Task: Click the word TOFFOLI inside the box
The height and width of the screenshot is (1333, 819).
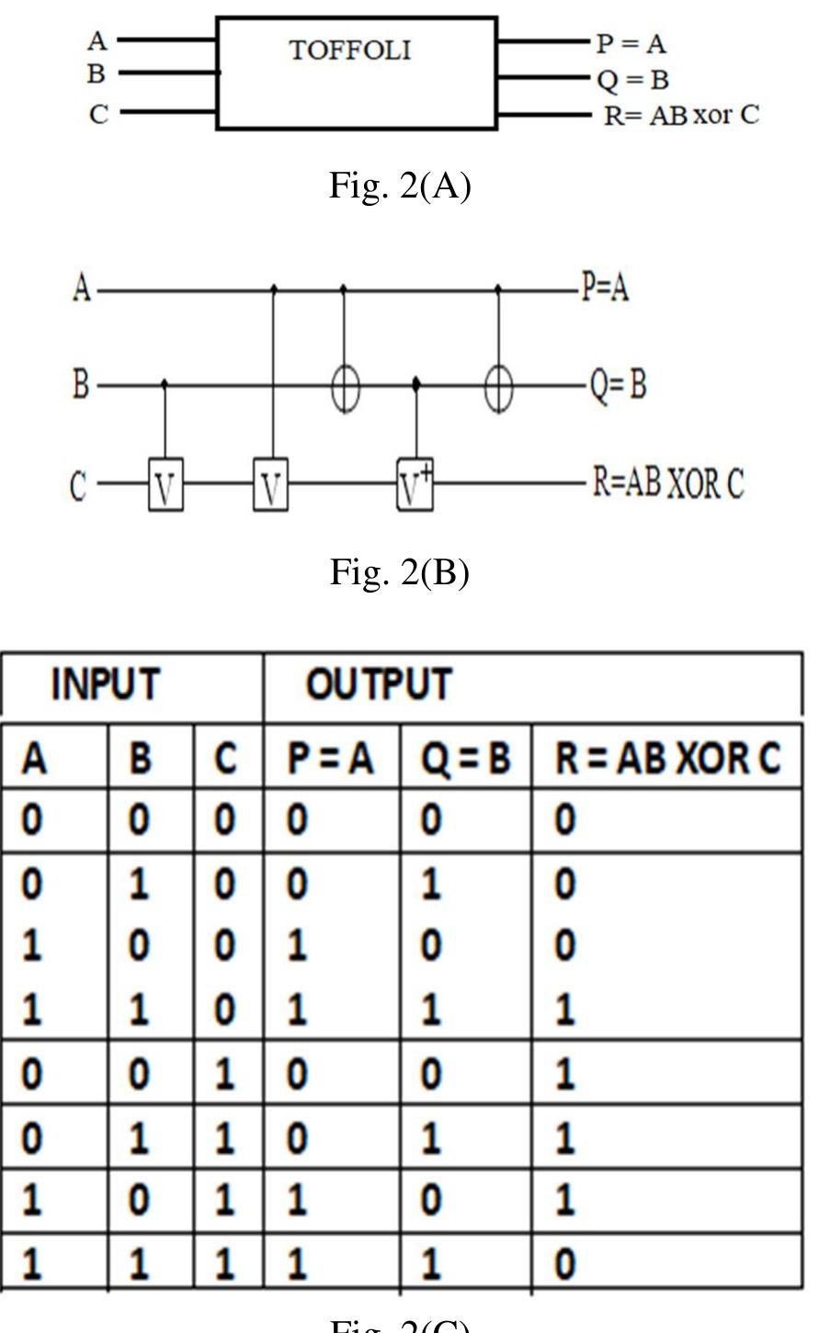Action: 350,50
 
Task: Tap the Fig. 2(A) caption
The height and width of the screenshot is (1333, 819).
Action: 400,186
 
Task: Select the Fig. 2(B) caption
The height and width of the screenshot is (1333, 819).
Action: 400,572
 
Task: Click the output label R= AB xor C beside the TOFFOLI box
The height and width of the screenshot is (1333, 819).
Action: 681,116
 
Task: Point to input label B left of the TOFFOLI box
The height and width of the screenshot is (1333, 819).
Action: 97,73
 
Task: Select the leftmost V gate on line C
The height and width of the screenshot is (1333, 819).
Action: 165,486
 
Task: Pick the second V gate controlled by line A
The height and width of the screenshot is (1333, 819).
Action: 270,486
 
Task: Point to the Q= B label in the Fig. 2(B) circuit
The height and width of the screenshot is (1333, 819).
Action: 618,385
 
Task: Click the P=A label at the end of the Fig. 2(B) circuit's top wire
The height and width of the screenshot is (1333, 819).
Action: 606,289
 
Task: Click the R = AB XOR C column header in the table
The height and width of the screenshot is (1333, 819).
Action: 667,759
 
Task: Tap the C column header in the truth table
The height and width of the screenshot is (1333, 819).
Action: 226,759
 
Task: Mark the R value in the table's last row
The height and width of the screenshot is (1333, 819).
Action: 566,1264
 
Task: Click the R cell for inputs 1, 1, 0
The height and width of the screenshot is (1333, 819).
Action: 566,1010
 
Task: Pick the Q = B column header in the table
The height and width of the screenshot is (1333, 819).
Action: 465,759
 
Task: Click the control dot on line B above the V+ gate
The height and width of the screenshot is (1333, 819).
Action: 415,384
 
